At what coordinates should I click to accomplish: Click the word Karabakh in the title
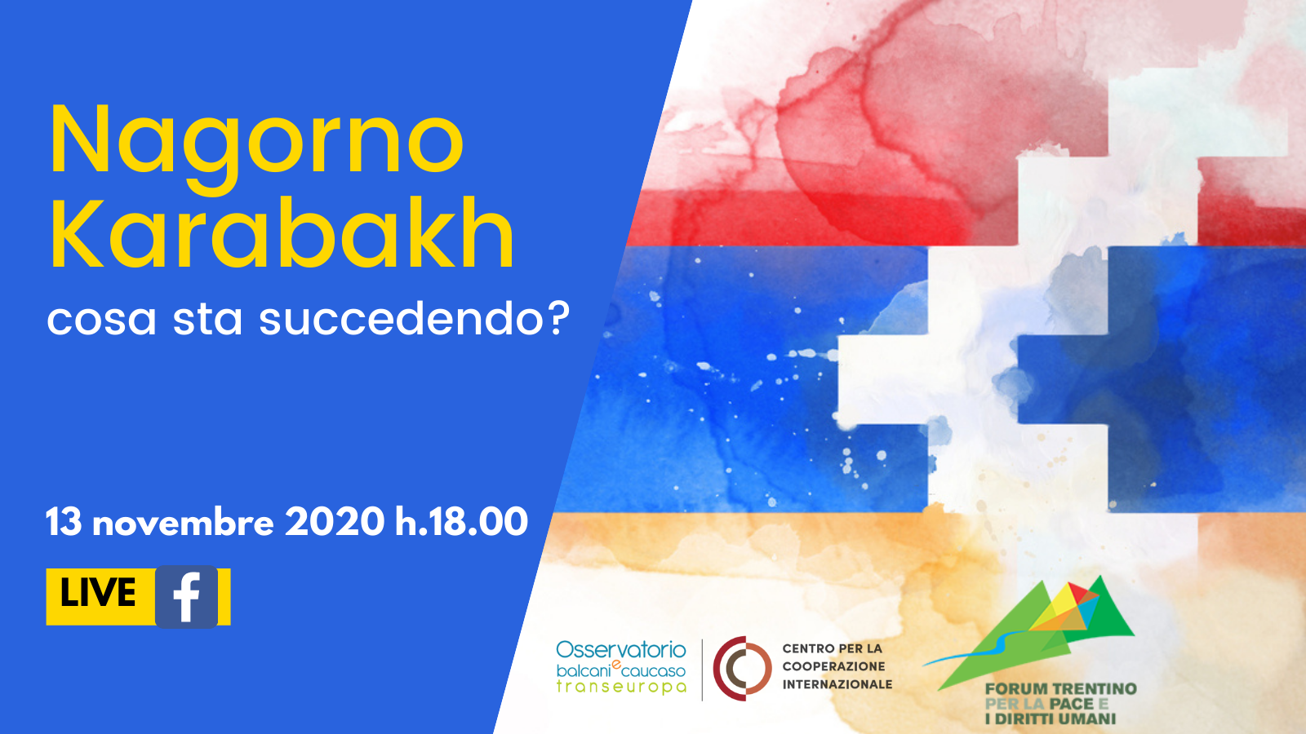(282, 233)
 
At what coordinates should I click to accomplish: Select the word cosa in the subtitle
(102, 321)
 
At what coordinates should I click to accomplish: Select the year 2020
(335, 522)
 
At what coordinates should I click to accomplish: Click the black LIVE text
(98, 594)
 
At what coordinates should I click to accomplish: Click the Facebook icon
(187, 597)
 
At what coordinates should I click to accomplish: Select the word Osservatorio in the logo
(621, 650)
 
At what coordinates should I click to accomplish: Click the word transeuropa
(621, 687)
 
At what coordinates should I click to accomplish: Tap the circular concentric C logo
(742, 668)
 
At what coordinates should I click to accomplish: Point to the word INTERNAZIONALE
(837, 684)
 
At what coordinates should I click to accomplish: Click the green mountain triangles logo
(1029, 632)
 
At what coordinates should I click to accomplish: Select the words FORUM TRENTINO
(1061, 689)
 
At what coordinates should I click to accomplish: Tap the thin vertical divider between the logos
(702, 670)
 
